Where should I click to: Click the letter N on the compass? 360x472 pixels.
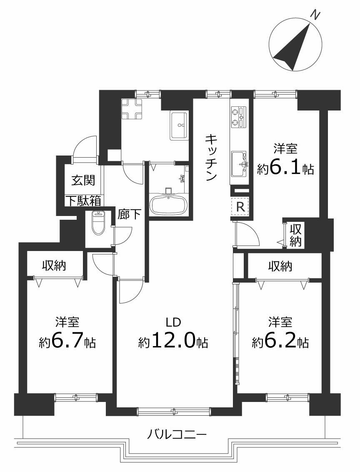click(x=315, y=15)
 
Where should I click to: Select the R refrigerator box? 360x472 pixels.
click(x=240, y=207)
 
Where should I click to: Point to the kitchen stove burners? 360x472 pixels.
click(x=238, y=118)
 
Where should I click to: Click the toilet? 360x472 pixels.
click(x=98, y=223)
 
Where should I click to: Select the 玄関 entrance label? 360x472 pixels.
click(x=83, y=180)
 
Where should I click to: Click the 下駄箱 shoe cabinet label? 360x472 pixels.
click(x=84, y=201)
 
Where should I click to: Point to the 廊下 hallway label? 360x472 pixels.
click(x=129, y=214)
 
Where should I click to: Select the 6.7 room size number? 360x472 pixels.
click(x=67, y=341)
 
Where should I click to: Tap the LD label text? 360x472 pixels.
click(x=173, y=322)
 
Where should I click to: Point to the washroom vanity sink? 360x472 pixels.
click(x=180, y=126)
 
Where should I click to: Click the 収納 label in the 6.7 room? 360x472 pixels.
click(x=54, y=265)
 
